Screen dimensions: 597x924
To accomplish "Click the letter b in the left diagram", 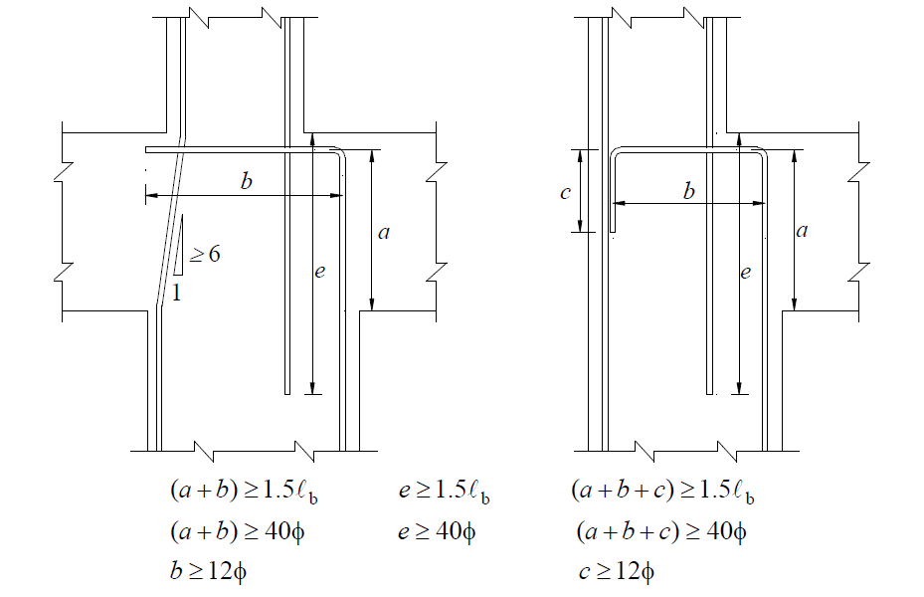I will tap(246, 182).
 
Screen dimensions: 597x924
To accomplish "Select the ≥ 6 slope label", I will tap(204, 255).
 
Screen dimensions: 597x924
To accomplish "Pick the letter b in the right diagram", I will tap(688, 191).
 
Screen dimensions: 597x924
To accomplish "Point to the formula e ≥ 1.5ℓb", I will tap(445, 493).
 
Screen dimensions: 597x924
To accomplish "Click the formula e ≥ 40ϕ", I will tap(437, 532).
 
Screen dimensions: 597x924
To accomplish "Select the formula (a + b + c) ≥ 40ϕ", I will tap(661, 532).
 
